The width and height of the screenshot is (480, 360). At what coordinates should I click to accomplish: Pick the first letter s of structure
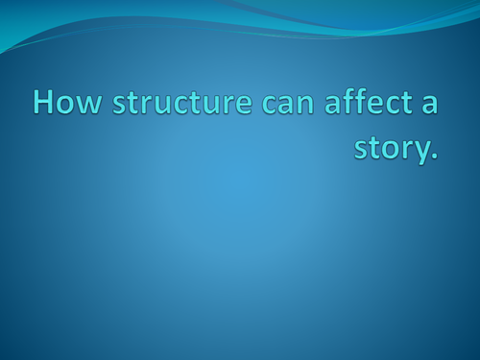(x=119, y=106)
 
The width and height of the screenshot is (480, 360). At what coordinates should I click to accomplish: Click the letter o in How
(x=67, y=106)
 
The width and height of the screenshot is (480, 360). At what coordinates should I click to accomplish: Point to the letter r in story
(x=396, y=151)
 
